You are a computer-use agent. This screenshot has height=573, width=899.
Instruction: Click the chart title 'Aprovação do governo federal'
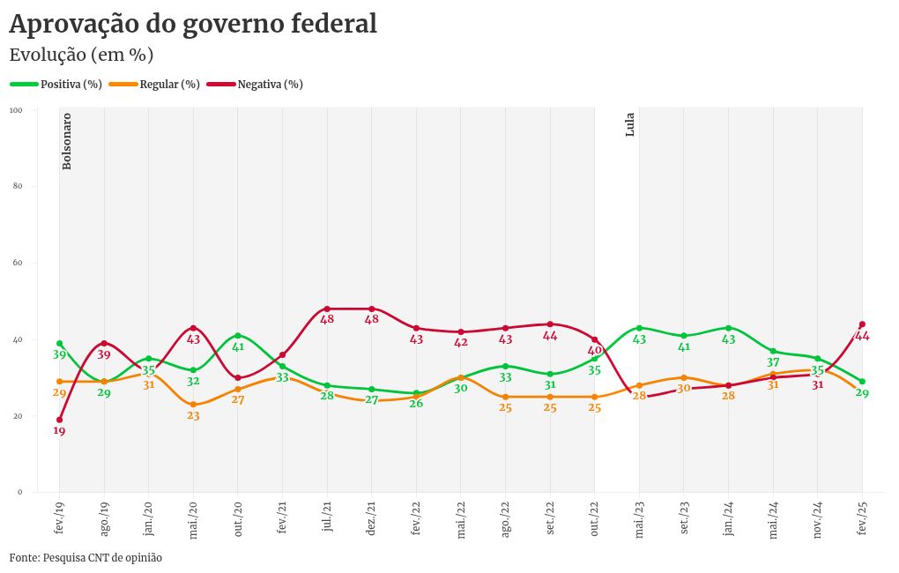(193, 24)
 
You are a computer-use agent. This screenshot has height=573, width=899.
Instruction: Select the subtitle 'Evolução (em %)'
(81, 55)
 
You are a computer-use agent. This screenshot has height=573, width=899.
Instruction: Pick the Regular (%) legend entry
(168, 85)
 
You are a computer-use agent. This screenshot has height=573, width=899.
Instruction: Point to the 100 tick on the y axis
(17, 110)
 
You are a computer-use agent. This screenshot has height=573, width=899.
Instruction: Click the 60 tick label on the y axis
(18, 263)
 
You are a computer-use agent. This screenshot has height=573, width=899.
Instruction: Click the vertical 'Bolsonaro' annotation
(67, 141)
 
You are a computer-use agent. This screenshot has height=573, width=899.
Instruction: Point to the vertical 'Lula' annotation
(630, 125)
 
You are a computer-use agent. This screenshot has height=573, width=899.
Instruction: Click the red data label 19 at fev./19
(60, 431)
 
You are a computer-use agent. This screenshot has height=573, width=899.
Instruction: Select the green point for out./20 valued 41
(238, 336)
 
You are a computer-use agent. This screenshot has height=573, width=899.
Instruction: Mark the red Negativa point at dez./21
(372, 309)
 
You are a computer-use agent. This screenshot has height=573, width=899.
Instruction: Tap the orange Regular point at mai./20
(193, 405)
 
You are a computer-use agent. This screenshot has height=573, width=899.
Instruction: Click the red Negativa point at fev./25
(862, 324)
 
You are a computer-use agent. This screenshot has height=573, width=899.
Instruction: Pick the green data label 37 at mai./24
(773, 362)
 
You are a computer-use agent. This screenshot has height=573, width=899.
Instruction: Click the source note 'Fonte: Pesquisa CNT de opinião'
(85, 558)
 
